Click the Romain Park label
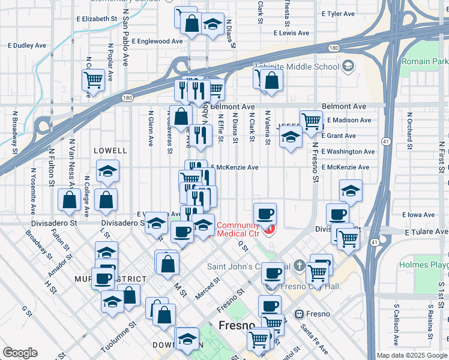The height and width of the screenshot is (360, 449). pos(424,61)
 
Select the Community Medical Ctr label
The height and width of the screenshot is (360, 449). pos(239,229)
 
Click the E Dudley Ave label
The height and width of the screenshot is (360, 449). pos(26,46)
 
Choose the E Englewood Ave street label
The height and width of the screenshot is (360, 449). pos(157,41)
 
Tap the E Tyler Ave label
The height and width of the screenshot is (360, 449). pos(339,13)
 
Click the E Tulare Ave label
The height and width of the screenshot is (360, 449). pos(426,232)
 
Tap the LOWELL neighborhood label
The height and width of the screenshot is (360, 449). pos(110,151)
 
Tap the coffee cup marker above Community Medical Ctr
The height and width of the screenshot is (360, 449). pos(265,214)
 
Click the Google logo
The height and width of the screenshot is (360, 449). pos(20,353)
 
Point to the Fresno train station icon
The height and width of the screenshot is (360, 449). pos(299,314)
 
